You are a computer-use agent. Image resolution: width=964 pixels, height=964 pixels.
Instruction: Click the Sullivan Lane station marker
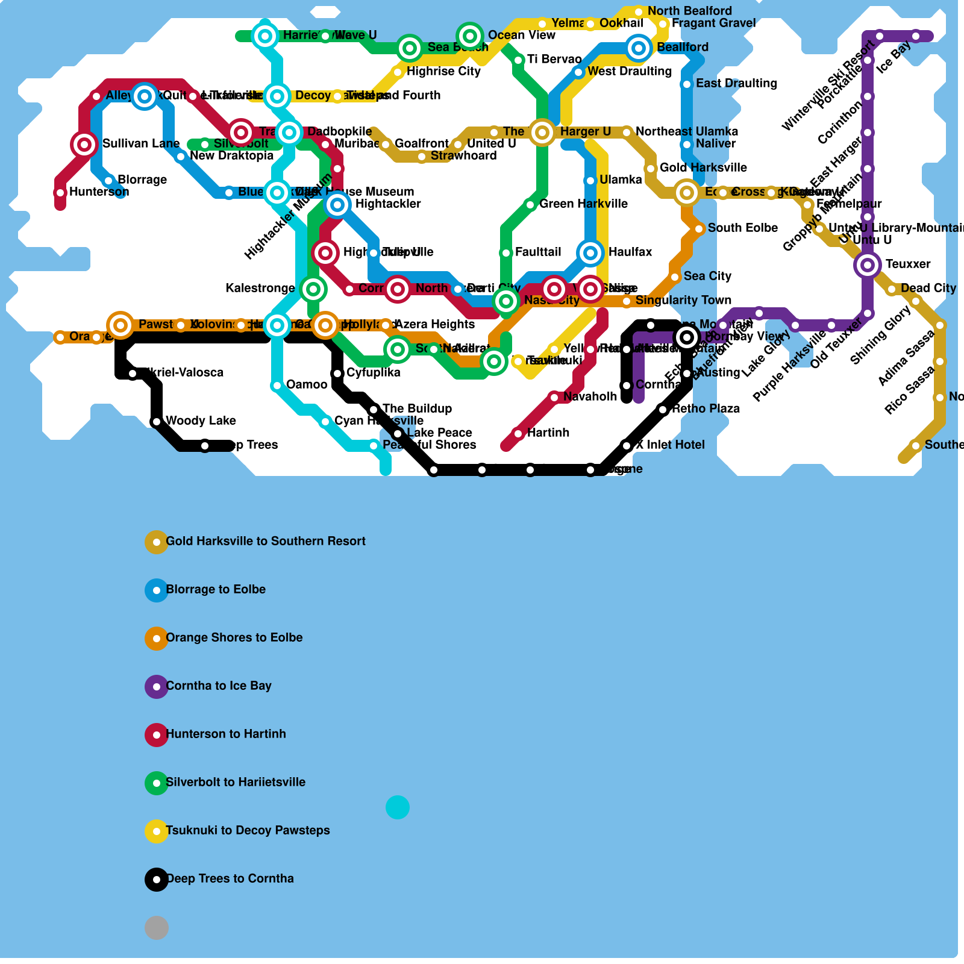click(x=84, y=144)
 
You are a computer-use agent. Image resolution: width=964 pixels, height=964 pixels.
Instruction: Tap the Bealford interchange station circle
click(x=639, y=48)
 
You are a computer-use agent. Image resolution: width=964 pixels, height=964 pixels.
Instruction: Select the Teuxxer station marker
click(x=868, y=264)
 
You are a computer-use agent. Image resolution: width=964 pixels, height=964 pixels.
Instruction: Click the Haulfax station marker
click(x=590, y=252)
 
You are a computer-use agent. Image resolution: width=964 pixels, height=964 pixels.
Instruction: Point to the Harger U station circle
click(x=542, y=132)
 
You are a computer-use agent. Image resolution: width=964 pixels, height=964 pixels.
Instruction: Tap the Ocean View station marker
click(x=470, y=36)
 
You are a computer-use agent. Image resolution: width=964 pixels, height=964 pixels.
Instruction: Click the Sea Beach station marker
click(x=410, y=48)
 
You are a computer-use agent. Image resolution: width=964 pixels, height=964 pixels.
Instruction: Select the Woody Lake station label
click(x=201, y=421)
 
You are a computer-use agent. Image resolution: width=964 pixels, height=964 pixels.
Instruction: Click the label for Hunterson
click(x=99, y=192)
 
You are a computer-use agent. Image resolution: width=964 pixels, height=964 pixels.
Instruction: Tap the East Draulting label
click(x=736, y=83)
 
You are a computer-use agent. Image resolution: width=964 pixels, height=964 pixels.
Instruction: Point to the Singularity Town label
click(x=683, y=300)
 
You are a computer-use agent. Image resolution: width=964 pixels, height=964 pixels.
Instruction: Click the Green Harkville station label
click(x=583, y=204)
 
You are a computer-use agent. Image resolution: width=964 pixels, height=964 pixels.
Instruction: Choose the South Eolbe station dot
click(x=699, y=229)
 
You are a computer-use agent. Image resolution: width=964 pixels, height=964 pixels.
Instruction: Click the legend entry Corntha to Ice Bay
click(x=218, y=686)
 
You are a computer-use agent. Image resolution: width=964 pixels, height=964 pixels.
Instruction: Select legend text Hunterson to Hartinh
click(x=225, y=734)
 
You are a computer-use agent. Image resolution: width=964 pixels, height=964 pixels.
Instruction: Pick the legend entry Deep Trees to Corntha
click(x=230, y=878)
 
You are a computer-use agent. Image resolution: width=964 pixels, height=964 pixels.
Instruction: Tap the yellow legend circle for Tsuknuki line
click(x=157, y=831)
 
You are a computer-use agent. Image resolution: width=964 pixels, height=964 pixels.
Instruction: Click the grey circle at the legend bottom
click(x=157, y=928)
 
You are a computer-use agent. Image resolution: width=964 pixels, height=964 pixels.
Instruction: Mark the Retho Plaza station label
click(x=706, y=408)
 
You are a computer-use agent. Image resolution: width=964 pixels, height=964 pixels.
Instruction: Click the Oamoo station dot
click(x=277, y=386)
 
